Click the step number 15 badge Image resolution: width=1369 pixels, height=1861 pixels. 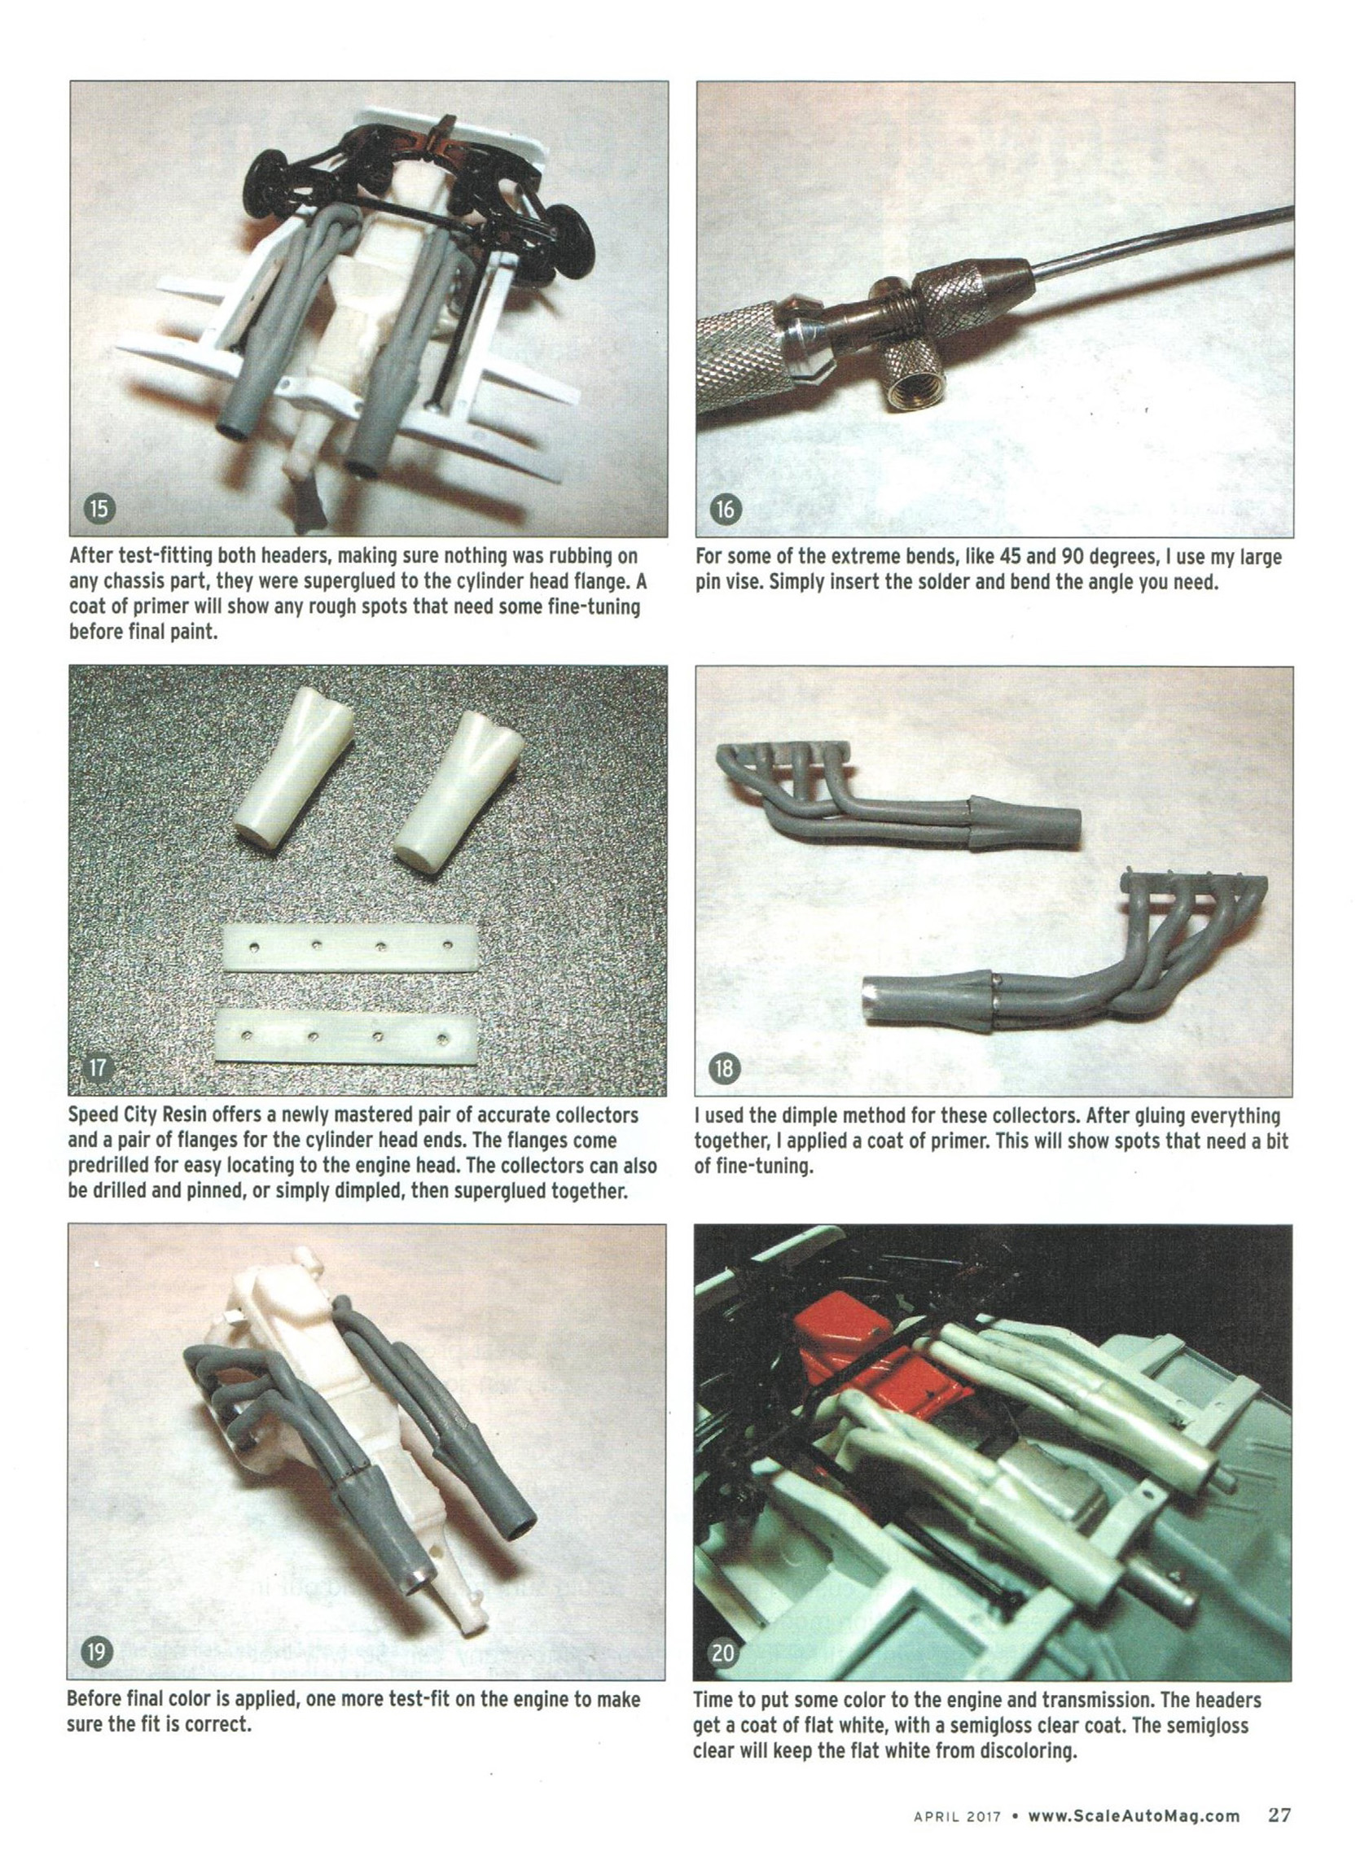[99, 508]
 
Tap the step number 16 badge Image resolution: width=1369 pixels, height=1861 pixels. [724, 508]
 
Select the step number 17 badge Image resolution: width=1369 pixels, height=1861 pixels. [98, 1066]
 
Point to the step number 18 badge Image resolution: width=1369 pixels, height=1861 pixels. [724, 1068]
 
